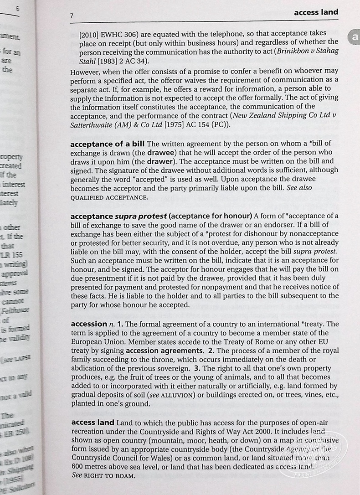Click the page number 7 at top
[x=72, y=16]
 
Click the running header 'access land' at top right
[x=316, y=12]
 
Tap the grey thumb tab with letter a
[x=355, y=38]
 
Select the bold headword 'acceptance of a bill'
[x=108, y=144]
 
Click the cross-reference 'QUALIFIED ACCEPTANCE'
[x=109, y=197]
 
